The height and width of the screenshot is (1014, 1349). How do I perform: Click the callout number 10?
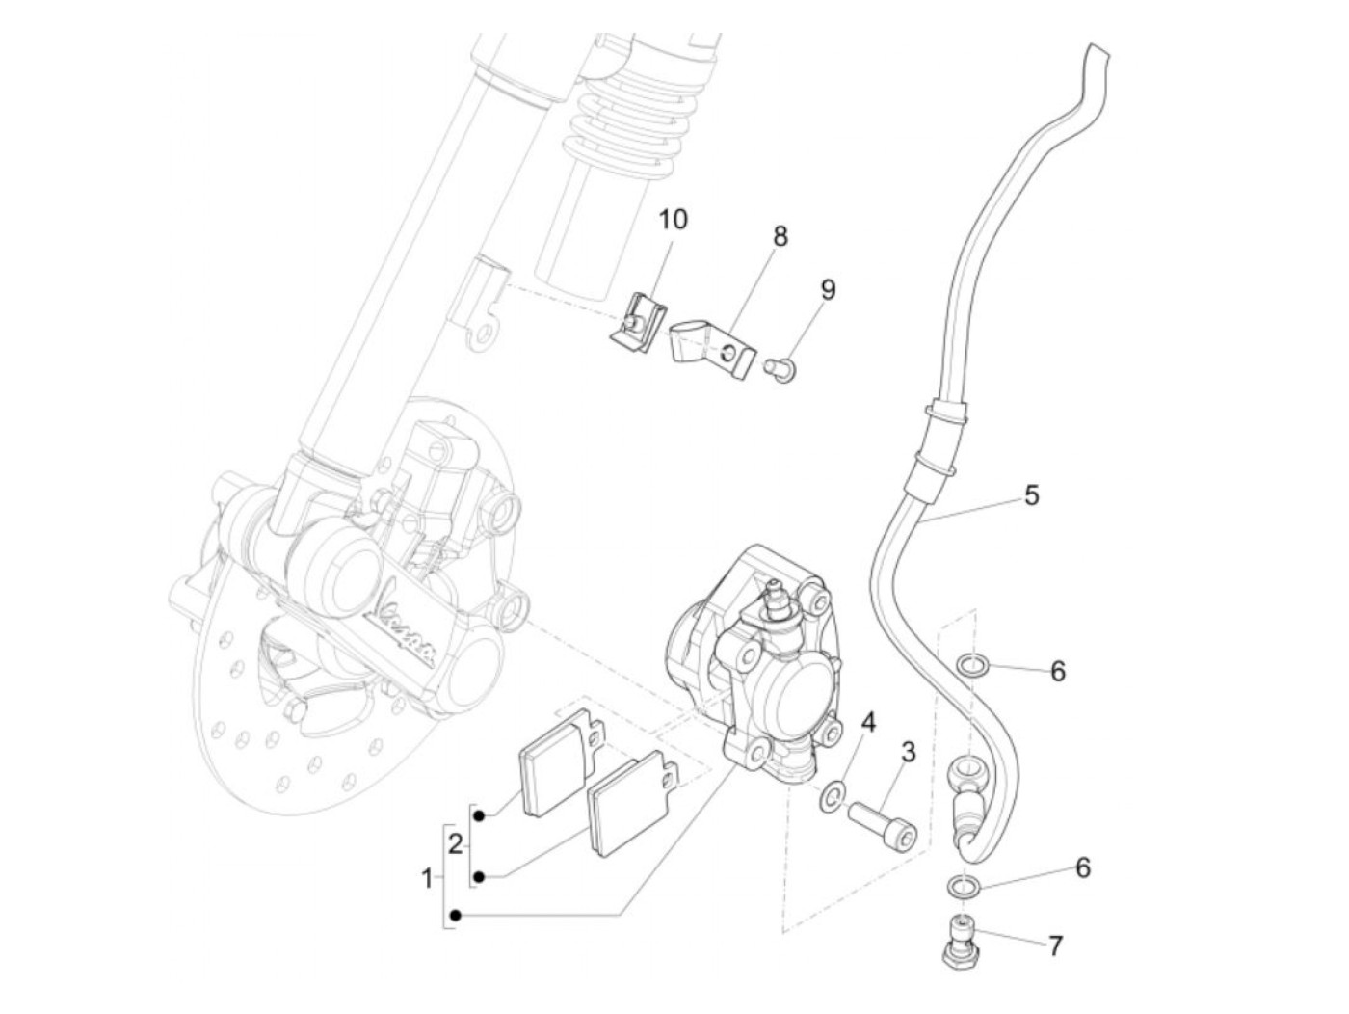(674, 220)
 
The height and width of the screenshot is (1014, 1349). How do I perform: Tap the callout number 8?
(780, 236)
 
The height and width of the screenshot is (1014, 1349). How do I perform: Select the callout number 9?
(828, 289)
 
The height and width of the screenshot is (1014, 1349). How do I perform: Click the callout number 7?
(1056, 947)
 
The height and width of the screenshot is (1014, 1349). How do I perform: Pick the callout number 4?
(868, 722)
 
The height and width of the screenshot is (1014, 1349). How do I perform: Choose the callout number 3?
(908, 753)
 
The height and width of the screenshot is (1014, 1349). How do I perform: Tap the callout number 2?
(456, 845)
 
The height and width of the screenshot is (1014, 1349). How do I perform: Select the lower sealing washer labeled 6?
(958, 885)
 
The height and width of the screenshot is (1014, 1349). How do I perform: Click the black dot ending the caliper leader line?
(456, 915)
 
